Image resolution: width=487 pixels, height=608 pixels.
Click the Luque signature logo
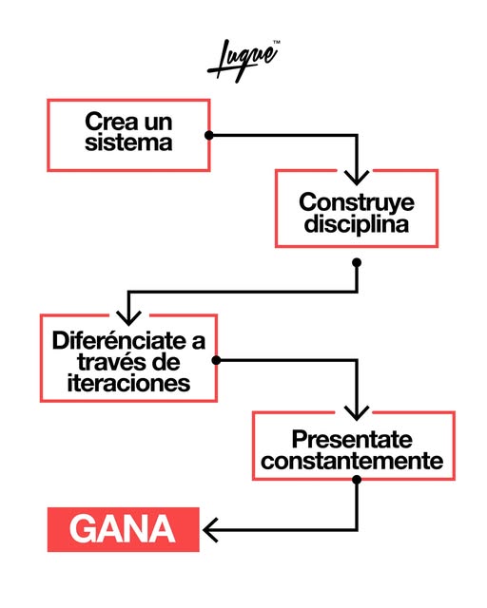[x=243, y=61]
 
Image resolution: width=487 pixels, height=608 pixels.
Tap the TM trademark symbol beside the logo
[x=277, y=42]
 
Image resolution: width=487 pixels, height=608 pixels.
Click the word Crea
[x=112, y=122]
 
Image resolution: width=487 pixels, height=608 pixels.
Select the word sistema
[x=128, y=142]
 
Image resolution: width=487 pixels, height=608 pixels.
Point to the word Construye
[x=357, y=203]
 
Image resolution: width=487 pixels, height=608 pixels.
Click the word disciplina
[x=357, y=224]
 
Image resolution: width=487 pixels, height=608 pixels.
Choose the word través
[x=110, y=362]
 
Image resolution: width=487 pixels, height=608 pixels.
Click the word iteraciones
[x=128, y=383]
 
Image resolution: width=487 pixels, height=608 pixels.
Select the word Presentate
[x=352, y=439]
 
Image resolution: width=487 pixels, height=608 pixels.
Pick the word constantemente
[x=352, y=461]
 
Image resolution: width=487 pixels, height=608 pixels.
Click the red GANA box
[x=123, y=529]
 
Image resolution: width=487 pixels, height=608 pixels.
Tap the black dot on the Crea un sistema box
[x=209, y=135]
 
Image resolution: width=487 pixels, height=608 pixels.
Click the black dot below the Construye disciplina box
[x=357, y=262]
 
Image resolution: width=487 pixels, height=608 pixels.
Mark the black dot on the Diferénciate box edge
[x=216, y=361]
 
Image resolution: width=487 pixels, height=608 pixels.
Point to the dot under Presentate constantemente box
[x=357, y=480]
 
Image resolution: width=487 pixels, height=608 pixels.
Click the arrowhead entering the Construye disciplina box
[x=357, y=178]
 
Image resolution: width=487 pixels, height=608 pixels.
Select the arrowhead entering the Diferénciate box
[x=128, y=318]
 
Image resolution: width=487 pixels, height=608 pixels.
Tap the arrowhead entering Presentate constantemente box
[x=357, y=413]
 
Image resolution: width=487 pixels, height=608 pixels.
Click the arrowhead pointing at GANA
[x=210, y=530]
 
